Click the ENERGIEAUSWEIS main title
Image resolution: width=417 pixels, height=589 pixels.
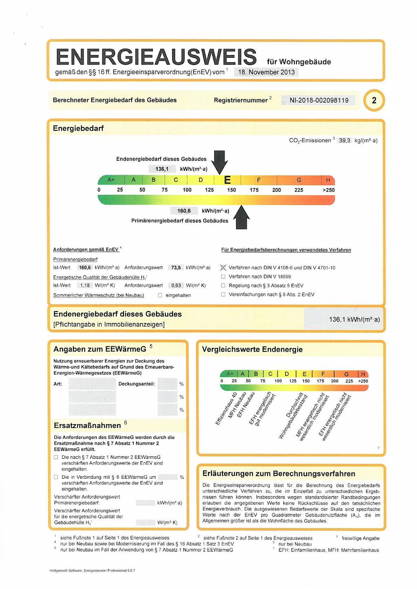[156, 57]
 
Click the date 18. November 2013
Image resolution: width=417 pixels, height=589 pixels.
[266, 72]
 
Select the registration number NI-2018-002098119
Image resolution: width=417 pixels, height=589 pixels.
[319, 100]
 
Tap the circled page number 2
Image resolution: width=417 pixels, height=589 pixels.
[374, 100]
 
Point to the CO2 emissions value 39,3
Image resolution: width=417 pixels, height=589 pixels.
[345, 140]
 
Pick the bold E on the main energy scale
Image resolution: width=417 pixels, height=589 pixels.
[228, 180]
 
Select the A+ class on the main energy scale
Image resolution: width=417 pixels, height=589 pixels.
[111, 180]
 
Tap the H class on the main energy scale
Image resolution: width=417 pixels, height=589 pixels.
[328, 180]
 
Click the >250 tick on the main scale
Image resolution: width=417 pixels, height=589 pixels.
[328, 190]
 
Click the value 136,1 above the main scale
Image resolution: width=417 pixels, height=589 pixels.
[162, 169]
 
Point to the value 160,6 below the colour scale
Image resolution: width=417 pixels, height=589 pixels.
[184, 211]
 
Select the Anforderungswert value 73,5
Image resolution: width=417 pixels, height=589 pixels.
[176, 267]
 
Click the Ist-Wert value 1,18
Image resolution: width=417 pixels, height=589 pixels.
[85, 285]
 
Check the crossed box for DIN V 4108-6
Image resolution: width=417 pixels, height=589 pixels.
[223, 267]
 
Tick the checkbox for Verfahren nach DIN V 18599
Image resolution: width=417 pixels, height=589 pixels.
[223, 276]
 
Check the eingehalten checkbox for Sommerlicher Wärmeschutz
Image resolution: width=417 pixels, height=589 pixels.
[160, 295]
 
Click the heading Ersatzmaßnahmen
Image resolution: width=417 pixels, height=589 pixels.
[88, 425]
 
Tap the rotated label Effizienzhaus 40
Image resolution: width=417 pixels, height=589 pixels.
[226, 409]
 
